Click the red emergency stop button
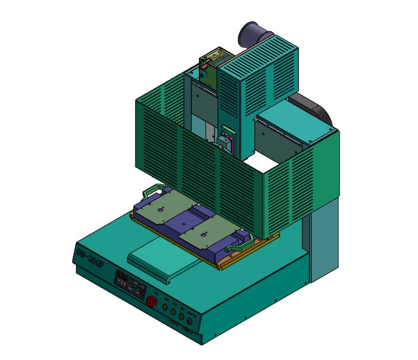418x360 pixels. pos(152,301)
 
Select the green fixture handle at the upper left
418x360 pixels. pos(154,190)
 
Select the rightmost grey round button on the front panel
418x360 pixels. pos(190,322)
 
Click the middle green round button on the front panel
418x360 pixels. pos(173,312)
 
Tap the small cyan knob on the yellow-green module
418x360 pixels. pos(205,74)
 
